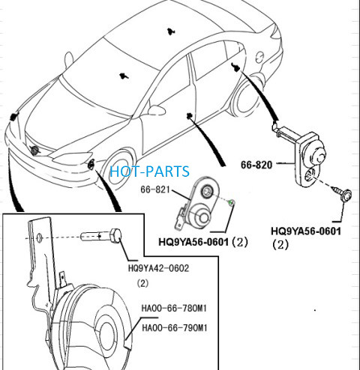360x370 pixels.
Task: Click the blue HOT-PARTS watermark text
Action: click(x=149, y=172)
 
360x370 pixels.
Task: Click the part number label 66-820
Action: click(x=256, y=165)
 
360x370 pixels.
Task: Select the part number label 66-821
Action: click(x=155, y=189)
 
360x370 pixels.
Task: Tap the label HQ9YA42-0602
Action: click(x=158, y=268)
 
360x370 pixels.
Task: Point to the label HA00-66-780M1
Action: click(x=174, y=309)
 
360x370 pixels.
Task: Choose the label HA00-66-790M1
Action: click(x=175, y=327)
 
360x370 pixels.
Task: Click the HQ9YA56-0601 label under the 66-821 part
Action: click(x=193, y=242)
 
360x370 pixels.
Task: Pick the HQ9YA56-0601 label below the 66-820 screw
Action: click(x=306, y=231)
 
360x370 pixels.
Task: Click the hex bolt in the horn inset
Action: click(x=101, y=235)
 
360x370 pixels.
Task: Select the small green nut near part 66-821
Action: click(x=232, y=202)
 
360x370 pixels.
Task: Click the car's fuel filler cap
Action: click(x=260, y=58)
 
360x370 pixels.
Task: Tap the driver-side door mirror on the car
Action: click(x=157, y=110)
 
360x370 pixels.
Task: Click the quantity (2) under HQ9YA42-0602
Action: click(x=142, y=283)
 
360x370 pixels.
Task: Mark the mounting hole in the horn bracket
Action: click(x=39, y=238)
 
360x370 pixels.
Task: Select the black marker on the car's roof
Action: click(x=171, y=31)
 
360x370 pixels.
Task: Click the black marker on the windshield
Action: click(x=124, y=76)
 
